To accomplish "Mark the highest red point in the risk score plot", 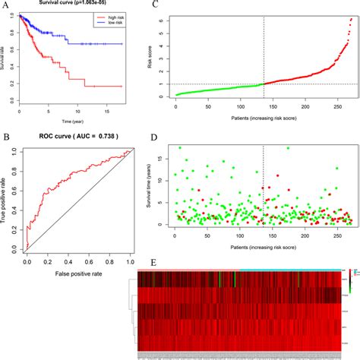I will [x=350, y=20].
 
